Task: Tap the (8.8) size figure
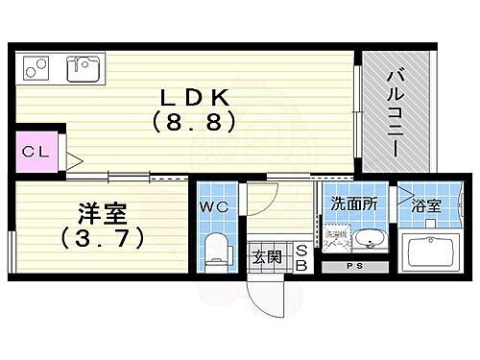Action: click(x=192, y=123)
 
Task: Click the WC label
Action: click(x=213, y=204)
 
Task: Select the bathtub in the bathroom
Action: click(x=431, y=254)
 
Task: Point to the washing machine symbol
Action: click(x=335, y=241)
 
